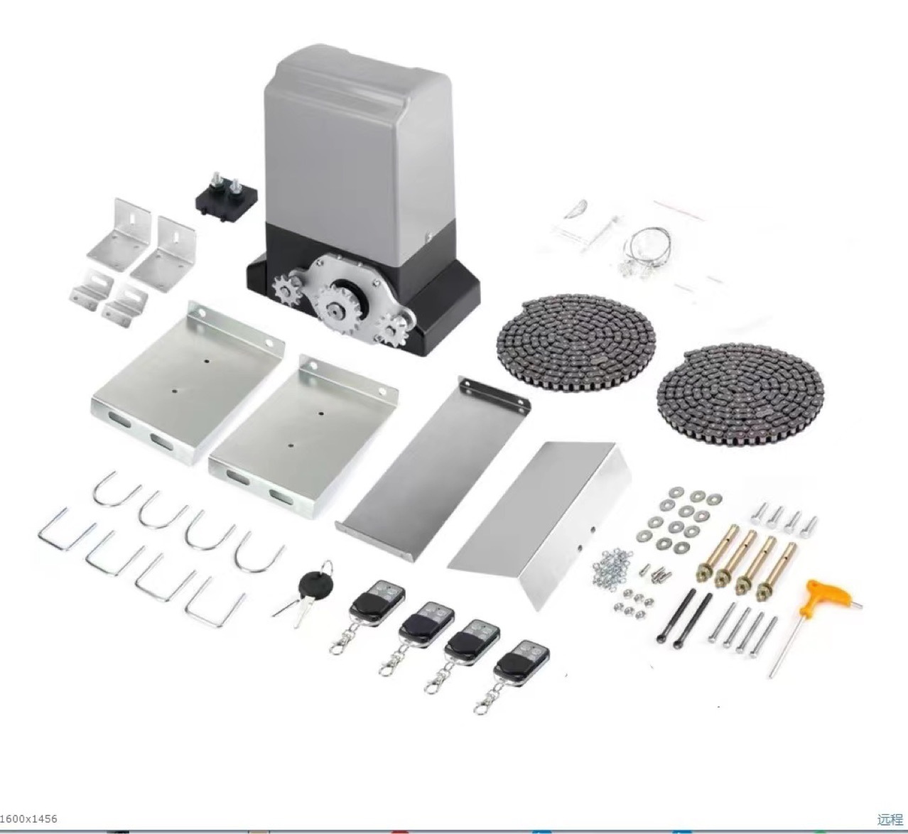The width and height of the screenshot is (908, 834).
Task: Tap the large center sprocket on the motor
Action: [x=339, y=310]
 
